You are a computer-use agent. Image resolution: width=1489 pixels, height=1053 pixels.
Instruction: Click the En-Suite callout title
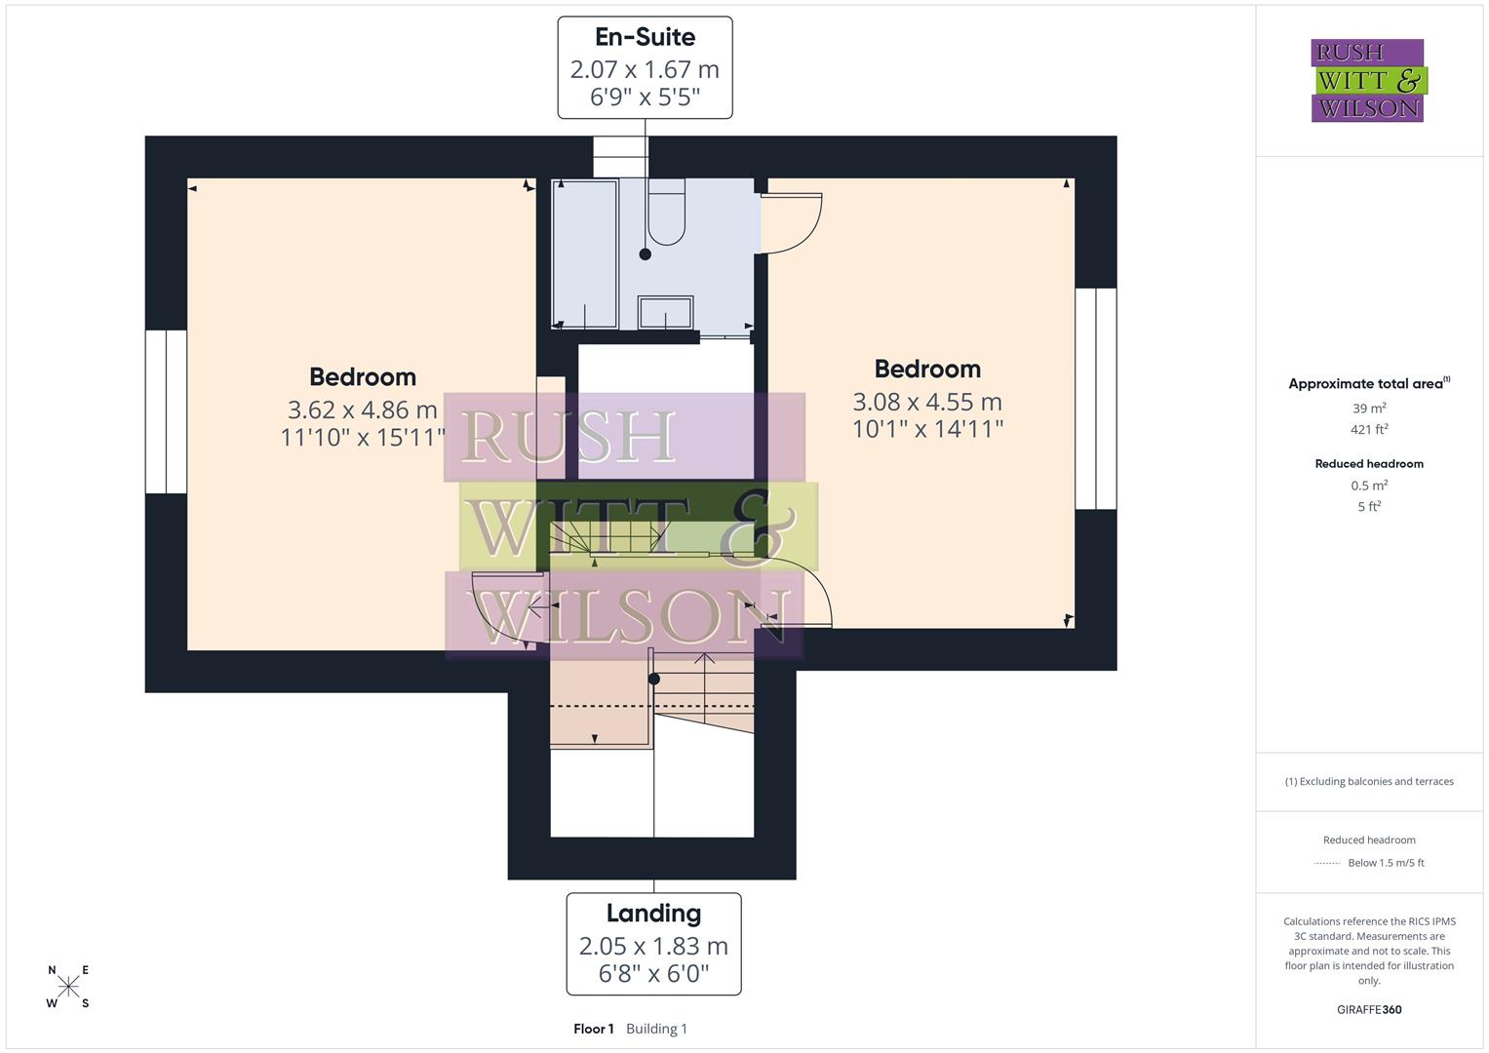(645, 37)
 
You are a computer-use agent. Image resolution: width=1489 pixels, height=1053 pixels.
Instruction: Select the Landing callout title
(653, 914)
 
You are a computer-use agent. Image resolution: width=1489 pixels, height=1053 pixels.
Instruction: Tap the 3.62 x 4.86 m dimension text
(362, 409)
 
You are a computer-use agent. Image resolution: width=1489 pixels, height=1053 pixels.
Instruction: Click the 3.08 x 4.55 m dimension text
(926, 402)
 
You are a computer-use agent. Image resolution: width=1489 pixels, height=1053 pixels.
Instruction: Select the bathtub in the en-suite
(585, 253)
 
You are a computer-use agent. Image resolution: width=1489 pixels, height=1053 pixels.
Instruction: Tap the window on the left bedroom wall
(166, 411)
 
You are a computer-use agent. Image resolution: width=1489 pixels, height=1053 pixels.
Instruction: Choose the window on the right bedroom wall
(1095, 398)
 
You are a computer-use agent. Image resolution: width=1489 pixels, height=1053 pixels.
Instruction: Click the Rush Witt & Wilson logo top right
(1368, 80)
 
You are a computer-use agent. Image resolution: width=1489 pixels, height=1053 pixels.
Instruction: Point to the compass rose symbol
(68, 986)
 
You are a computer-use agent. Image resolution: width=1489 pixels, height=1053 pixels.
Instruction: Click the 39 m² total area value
(1369, 409)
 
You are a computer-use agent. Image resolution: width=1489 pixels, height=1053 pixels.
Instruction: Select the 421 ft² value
(1369, 429)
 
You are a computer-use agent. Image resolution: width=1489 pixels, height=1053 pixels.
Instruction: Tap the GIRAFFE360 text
(1369, 1010)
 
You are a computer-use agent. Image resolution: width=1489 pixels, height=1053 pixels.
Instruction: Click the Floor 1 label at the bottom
(593, 1029)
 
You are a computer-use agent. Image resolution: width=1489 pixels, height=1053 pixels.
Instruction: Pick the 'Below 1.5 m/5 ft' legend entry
(1385, 863)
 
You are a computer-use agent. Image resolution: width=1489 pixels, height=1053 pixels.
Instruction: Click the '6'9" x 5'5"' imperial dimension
(645, 97)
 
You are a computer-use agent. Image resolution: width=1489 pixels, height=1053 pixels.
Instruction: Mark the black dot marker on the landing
(654, 679)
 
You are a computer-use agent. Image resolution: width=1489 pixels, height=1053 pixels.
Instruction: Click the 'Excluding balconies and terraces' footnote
(1369, 781)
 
